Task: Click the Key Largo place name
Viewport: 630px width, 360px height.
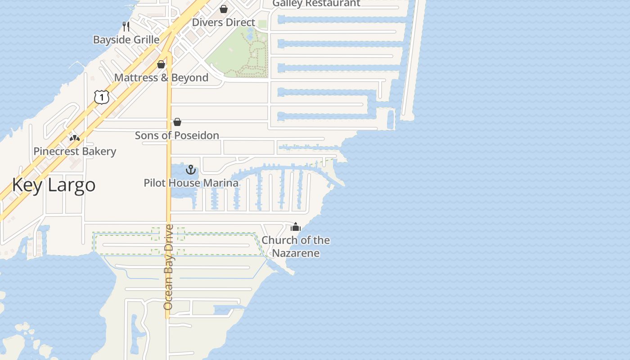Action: coord(54,185)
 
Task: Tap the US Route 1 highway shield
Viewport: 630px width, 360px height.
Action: coord(102,97)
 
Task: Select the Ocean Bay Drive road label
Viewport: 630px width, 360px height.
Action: coord(168,267)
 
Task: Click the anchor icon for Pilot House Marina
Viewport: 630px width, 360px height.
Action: coord(191,170)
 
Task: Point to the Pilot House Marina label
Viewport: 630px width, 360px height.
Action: coord(191,183)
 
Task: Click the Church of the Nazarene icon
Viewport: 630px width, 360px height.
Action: coord(295,227)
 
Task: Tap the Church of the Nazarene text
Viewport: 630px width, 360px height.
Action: coord(296,247)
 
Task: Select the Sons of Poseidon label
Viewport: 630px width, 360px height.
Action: coord(177,135)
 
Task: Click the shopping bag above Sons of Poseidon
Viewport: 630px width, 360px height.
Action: coord(177,122)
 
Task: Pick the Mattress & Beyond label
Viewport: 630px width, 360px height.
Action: coord(161,78)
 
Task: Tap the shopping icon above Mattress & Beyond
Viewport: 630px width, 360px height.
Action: coord(161,65)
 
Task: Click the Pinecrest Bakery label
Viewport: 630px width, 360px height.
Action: coord(75,152)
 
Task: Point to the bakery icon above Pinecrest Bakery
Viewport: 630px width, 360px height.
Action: coord(75,138)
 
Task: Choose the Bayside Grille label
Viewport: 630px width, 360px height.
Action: coord(126,40)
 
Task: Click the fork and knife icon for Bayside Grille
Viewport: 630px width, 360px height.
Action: coord(126,27)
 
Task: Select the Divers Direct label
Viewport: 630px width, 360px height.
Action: coord(224,22)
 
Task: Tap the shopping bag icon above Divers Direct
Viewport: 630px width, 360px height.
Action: coord(224,9)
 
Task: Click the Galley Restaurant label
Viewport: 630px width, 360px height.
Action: coord(316,4)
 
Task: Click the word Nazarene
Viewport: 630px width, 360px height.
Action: coord(296,253)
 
